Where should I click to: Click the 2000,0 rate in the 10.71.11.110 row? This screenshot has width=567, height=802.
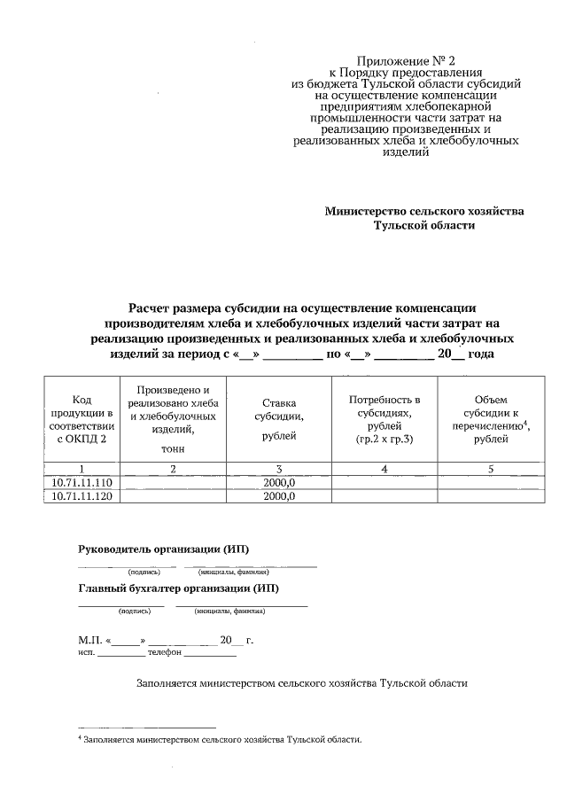click(x=279, y=482)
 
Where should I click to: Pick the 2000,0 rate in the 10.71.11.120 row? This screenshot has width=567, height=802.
click(x=279, y=496)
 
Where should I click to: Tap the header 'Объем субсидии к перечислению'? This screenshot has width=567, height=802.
click(x=490, y=419)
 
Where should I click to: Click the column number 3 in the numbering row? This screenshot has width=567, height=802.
click(x=279, y=468)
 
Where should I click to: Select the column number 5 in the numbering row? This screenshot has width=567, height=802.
click(x=490, y=468)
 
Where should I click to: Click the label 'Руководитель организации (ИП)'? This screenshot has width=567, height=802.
click(x=164, y=549)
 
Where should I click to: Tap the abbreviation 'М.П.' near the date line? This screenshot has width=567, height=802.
click(x=90, y=639)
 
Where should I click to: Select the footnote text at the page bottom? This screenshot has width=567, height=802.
click(x=221, y=738)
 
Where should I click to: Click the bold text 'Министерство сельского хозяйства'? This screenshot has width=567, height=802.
click(x=424, y=211)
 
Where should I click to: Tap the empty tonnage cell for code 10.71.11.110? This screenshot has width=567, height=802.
click(x=174, y=482)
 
